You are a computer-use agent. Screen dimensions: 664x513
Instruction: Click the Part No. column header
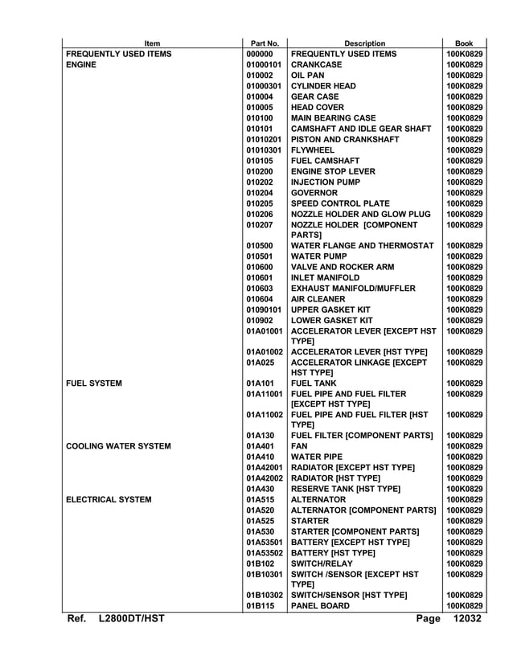265,43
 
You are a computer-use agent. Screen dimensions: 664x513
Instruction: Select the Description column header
364,43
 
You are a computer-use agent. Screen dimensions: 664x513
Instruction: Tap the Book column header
464,43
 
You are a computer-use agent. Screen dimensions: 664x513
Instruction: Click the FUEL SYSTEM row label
94,383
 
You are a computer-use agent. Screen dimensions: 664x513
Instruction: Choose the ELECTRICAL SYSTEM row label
109,499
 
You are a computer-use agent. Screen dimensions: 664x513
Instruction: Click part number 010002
261,76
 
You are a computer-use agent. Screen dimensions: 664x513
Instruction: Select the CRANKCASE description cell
317,64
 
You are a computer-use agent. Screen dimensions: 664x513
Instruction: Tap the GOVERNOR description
314,193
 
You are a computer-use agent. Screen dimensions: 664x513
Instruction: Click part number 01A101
261,383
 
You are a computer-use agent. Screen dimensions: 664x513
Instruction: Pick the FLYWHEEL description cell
313,150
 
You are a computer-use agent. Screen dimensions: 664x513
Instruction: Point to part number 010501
261,256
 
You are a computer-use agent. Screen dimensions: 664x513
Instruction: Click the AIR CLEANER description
318,299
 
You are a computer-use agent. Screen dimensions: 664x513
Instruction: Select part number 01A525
261,521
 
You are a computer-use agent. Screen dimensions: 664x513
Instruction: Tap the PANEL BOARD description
320,605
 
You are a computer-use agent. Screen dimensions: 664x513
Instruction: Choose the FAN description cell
299,446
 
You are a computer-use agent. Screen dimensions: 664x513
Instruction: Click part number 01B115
261,605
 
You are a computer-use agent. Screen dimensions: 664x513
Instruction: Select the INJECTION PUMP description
326,182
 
